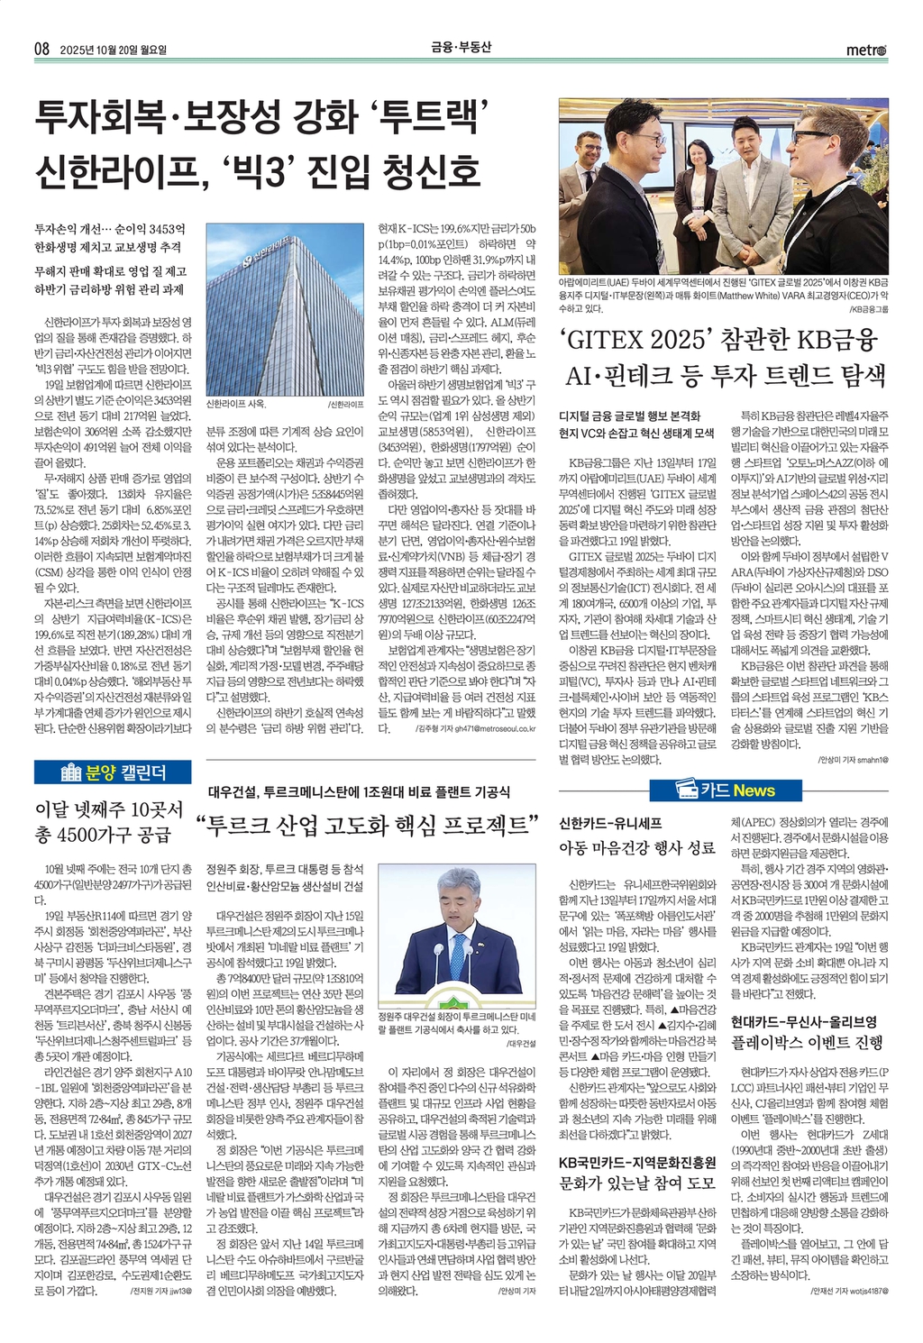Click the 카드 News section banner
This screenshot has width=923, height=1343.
pos(725,790)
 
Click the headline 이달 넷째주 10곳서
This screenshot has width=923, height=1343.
pos(108,809)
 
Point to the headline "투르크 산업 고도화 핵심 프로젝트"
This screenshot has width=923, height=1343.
pos(371,825)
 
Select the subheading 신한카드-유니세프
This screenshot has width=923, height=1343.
pos(611,823)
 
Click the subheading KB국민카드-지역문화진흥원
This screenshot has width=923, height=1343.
pos(637,1162)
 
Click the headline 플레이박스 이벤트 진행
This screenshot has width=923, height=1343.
pos(807,1043)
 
